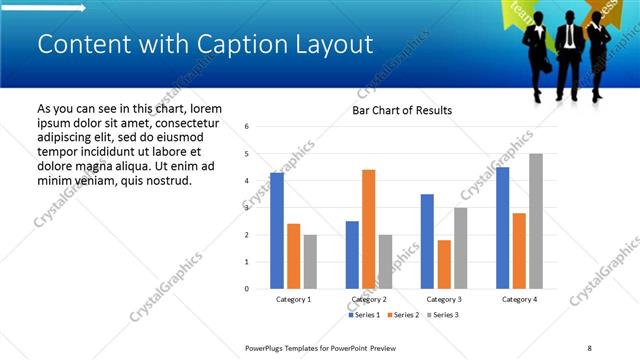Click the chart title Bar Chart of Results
402,110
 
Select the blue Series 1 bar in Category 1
277,230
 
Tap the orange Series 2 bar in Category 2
368,229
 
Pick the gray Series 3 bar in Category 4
536,221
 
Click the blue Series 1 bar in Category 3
427,241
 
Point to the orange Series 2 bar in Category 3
444,264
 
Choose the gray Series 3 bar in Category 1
311,261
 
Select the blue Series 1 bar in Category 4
502,227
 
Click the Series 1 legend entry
364,315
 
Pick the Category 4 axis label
518,299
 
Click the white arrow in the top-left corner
44,9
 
